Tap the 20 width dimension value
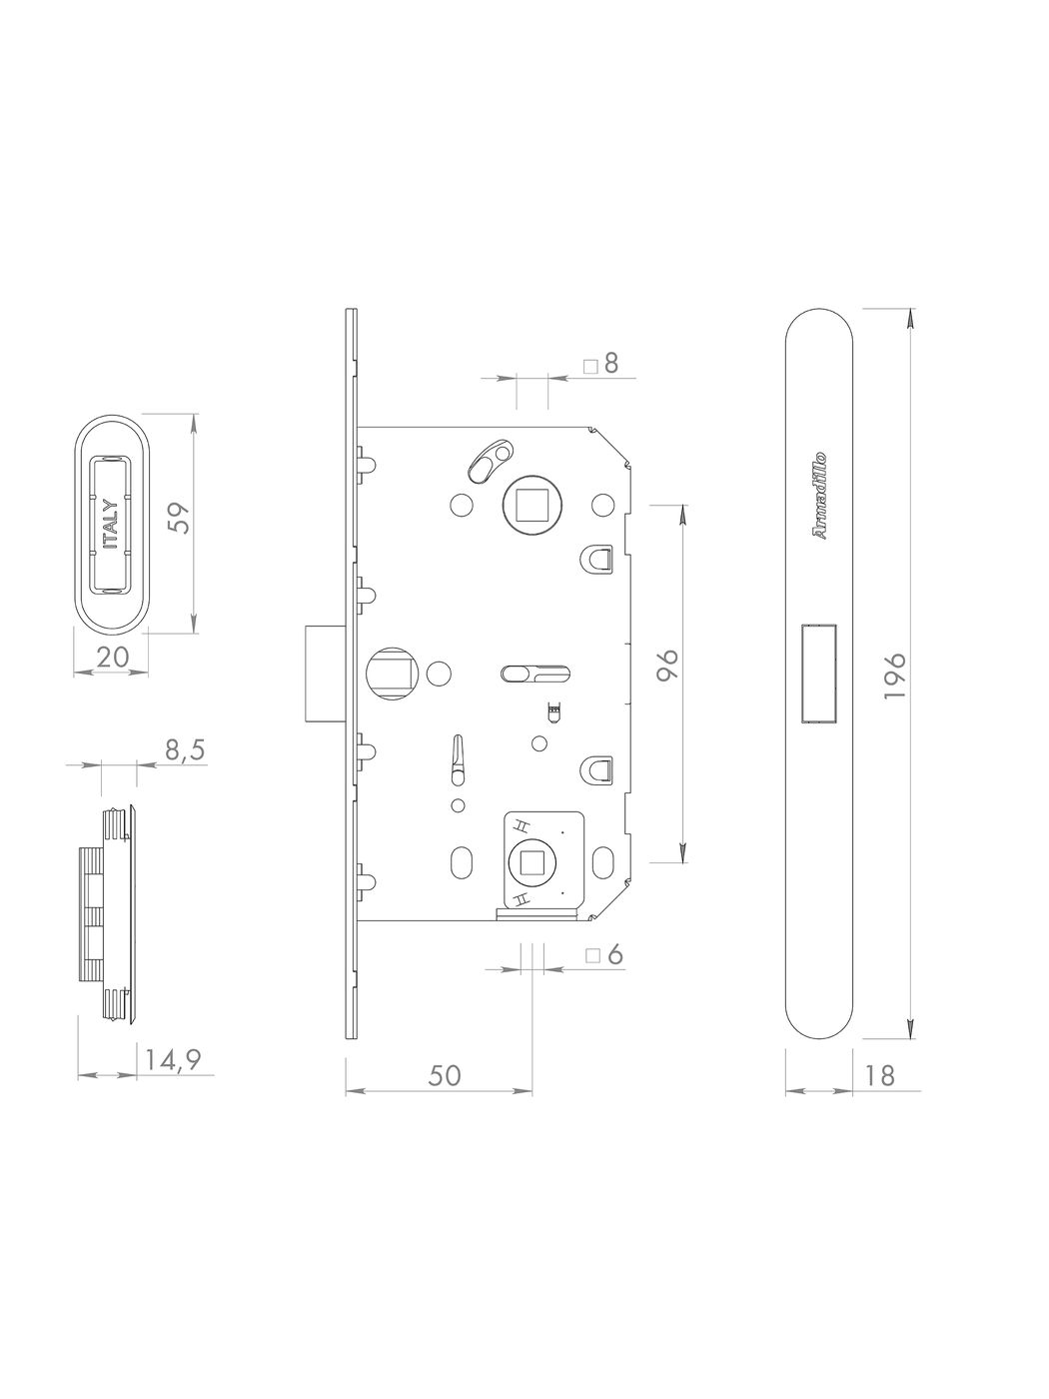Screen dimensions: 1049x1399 113,658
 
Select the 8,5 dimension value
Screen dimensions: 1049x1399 185,750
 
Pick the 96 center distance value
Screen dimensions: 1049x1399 668,667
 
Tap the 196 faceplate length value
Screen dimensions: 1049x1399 895,676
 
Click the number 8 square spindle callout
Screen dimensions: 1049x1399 610,364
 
